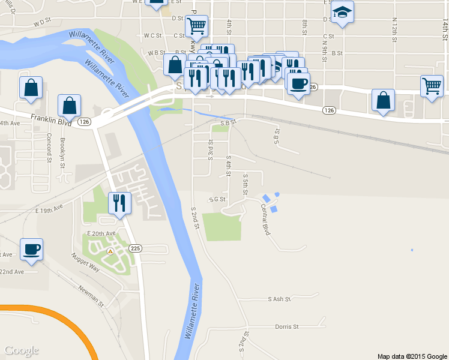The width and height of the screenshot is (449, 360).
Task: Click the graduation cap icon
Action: click(342, 12)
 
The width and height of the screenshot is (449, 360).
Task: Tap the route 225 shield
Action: click(136, 248)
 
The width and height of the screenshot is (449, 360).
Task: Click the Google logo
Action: click(22, 350)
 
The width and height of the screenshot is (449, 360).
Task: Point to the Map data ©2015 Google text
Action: click(412, 356)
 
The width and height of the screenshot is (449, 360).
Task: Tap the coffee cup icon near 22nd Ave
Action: click(31, 248)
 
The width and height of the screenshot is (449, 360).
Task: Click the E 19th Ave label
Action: click(49, 209)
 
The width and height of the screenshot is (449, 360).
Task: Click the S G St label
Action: click(217, 199)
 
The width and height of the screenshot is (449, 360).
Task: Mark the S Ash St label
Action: click(280, 298)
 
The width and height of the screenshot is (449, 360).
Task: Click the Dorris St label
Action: click(286, 326)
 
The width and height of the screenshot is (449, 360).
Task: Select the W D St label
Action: click(42, 22)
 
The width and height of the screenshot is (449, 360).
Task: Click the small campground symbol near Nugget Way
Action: click(110, 251)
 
